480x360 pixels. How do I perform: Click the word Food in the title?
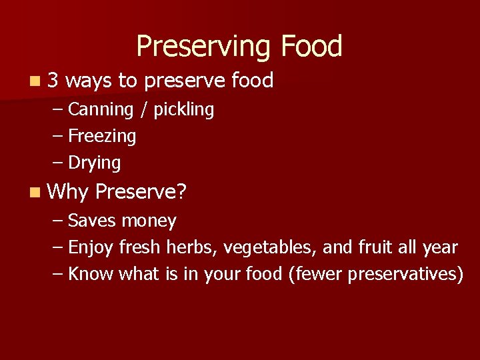coord(311,46)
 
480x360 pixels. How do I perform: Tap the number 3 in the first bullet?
coord(54,81)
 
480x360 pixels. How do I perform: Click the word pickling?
coord(184,109)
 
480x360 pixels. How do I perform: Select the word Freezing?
coord(102,137)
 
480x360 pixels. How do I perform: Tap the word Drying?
coord(95,163)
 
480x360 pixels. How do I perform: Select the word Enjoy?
coord(91,248)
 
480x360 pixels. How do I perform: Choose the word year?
coord(440,248)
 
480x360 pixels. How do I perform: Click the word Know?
coord(91,274)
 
